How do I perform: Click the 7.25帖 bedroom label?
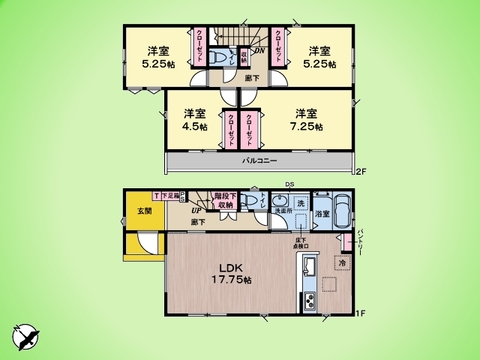307,121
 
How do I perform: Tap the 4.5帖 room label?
195,121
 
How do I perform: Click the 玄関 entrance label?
143,211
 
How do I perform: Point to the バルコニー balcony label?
258,161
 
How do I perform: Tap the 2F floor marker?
362,172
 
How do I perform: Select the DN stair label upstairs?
259,50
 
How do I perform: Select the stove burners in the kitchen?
309,302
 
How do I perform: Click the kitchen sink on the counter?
309,268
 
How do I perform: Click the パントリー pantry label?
360,246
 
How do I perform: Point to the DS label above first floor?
290,183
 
